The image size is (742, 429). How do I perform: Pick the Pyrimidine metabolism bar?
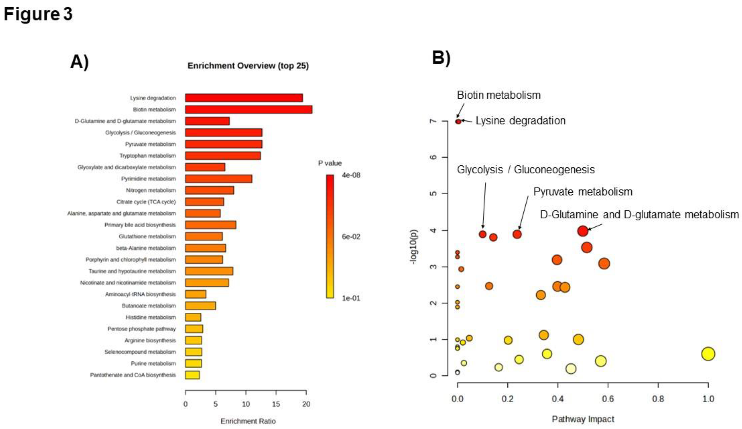click(x=218, y=179)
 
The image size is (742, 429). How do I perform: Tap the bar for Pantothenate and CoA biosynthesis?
click(x=192, y=375)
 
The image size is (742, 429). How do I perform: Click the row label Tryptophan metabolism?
click(x=147, y=156)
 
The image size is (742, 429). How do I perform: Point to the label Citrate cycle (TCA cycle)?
click(x=146, y=202)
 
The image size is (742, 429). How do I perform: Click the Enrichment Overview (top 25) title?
click(x=248, y=66)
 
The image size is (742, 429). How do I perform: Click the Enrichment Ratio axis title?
click(x=248, y=421)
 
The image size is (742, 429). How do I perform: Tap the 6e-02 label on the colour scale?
click(x=351, y=237)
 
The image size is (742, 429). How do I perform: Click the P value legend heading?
click(x=330, y=163)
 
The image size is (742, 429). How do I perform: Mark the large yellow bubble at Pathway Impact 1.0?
click(x=708, y=354)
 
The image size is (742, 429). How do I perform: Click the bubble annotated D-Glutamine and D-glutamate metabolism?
click(x=583, y=231)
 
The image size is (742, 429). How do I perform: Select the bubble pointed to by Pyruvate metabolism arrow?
click(x=517, y=234)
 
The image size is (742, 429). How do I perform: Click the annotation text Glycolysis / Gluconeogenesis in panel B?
click(x=526, y=170)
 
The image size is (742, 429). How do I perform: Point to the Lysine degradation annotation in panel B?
click(x=520, y=121)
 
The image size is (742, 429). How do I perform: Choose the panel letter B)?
click(x=441, y=58)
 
